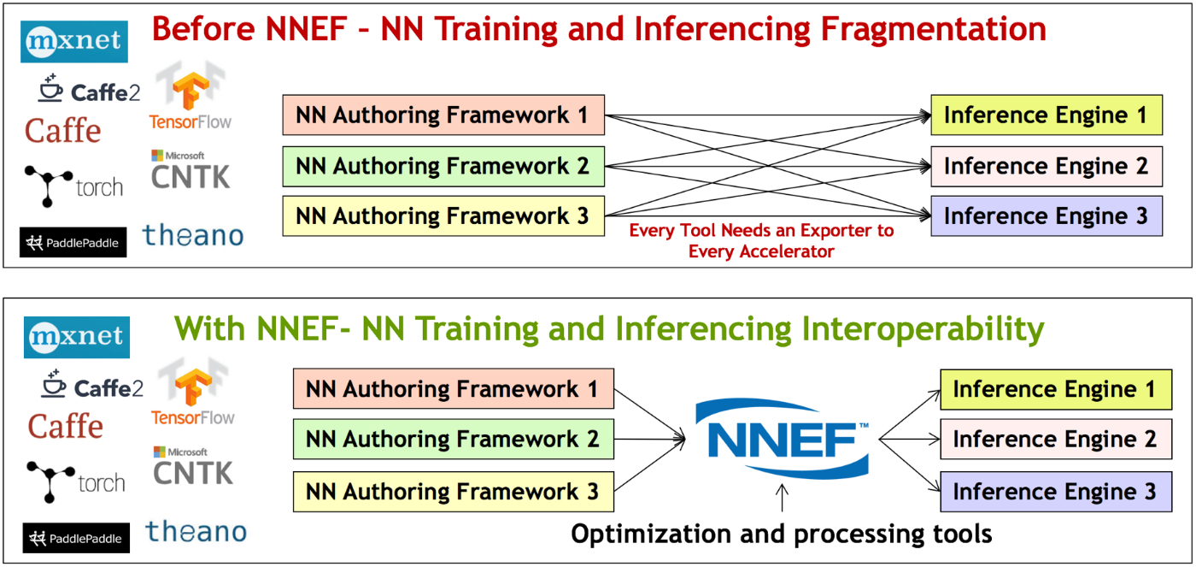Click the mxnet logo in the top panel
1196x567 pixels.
tap(74, 42)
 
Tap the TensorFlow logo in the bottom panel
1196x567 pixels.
tap(193, 393)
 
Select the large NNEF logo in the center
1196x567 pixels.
tap(783, 439)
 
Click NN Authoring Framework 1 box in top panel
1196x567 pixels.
tap(443, 115)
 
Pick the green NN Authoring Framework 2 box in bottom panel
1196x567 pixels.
tap(454, 440)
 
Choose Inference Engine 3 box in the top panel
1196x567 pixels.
tap(1046, 216)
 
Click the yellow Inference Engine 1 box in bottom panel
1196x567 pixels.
tap(1056, 389)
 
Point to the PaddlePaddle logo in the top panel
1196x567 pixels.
tap(73, 243)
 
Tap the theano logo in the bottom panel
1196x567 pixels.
tap(196, 531)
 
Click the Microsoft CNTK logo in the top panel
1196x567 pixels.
tap(191, 170)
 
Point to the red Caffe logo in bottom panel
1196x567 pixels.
tap(66, 427)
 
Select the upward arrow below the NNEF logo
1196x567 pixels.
tap(783, 498)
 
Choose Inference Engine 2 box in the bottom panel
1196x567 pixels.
tap(1056, 440)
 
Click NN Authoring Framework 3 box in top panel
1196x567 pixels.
tap(443, 216)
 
